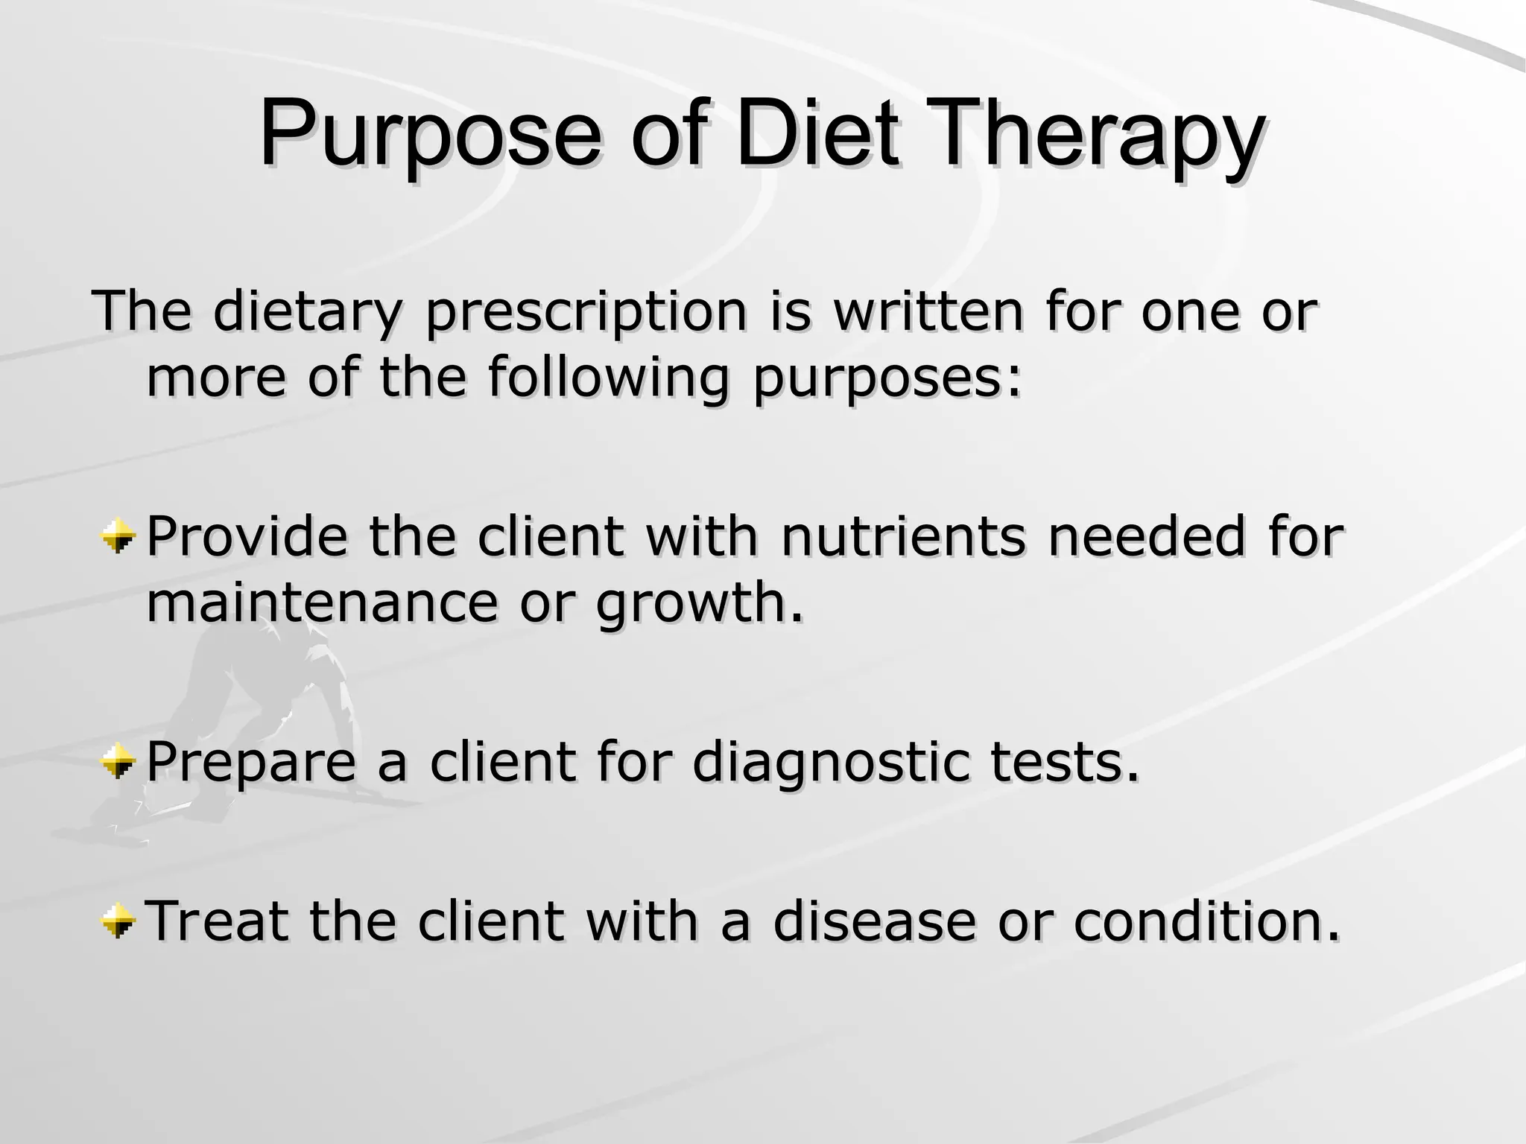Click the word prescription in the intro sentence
586,312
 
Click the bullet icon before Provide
118,536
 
